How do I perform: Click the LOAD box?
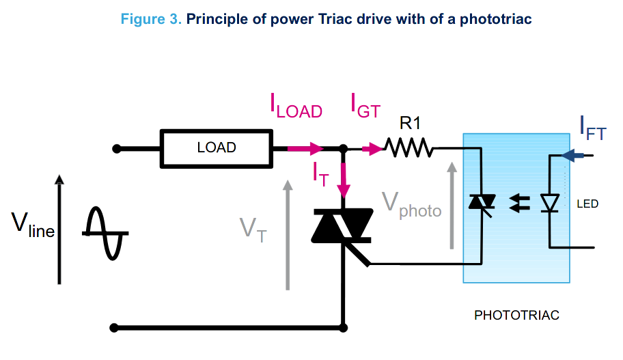[x=216, y=148]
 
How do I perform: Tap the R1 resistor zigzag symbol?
[x=409, y=148]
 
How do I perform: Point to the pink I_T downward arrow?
[x=342, y=179]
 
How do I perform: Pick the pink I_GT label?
[x=365, y=106]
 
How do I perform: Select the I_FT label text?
[x=592, y=128]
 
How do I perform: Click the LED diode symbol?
[x=550, y=203]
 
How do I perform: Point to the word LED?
[x=587, y=204]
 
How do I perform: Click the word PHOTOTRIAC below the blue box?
[x=516, y=316]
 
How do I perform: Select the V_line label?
[x=32, y=225]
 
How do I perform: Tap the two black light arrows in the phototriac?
[x=521, y=203]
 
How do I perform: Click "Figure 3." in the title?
[x=150, y=19]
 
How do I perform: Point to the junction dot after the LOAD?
[x=342, y=148]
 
